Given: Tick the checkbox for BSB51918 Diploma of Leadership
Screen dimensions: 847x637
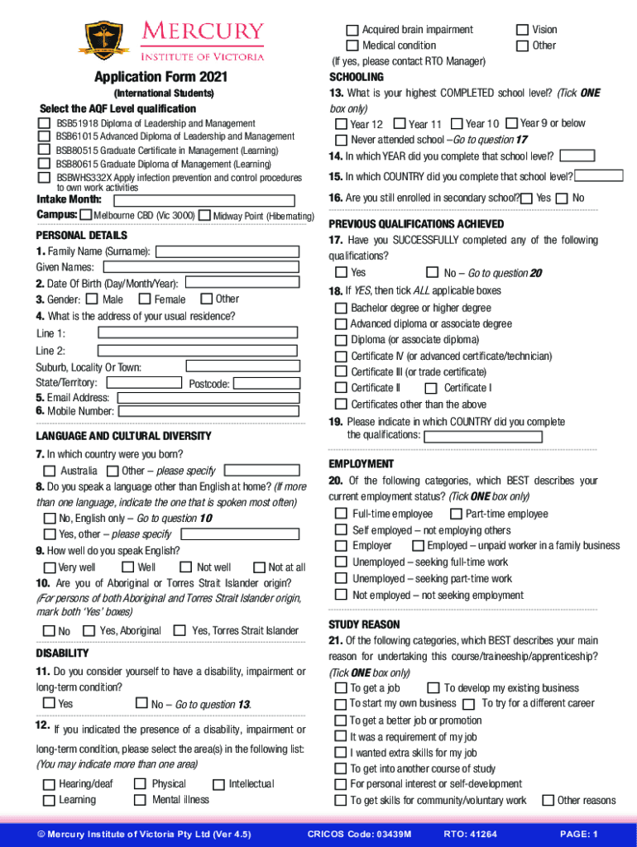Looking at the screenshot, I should pos(44,123).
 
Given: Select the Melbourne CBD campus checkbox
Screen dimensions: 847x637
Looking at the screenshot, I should pos(87,215).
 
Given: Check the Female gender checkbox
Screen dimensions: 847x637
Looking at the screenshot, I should pos(145,299).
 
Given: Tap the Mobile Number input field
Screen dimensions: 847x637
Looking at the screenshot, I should pos(207,411).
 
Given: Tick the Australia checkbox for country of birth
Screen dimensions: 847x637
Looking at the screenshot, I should pos(50,471).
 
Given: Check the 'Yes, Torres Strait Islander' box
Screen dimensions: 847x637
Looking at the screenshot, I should pos(179,630).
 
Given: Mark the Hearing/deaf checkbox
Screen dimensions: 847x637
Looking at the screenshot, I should pos(49,783).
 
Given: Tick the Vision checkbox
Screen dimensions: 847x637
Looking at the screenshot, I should pos(522,30).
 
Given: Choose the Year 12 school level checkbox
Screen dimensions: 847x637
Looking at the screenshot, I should pos(341,124).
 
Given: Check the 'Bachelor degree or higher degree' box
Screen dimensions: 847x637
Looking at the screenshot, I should pos(341,308).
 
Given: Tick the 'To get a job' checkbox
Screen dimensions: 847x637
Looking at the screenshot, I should pos(341,688).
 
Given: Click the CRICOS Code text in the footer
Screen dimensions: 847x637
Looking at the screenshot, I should pos(359,834).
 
